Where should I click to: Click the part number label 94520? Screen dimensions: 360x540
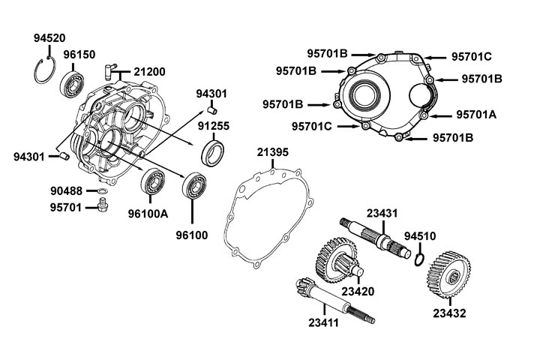[x=49, y=38]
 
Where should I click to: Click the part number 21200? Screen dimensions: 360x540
[x=150, y=72]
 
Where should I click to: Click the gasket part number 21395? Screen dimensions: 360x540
[x=273, y=151]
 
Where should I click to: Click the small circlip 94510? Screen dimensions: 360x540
[x=421, y=259]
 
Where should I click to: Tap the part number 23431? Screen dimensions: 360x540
[x=382, y=213]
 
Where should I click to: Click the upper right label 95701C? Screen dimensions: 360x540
[x=471, y=56]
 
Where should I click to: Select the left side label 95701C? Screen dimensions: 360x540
[x=312, y=127]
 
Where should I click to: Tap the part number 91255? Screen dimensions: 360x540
[x=214, y=126]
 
